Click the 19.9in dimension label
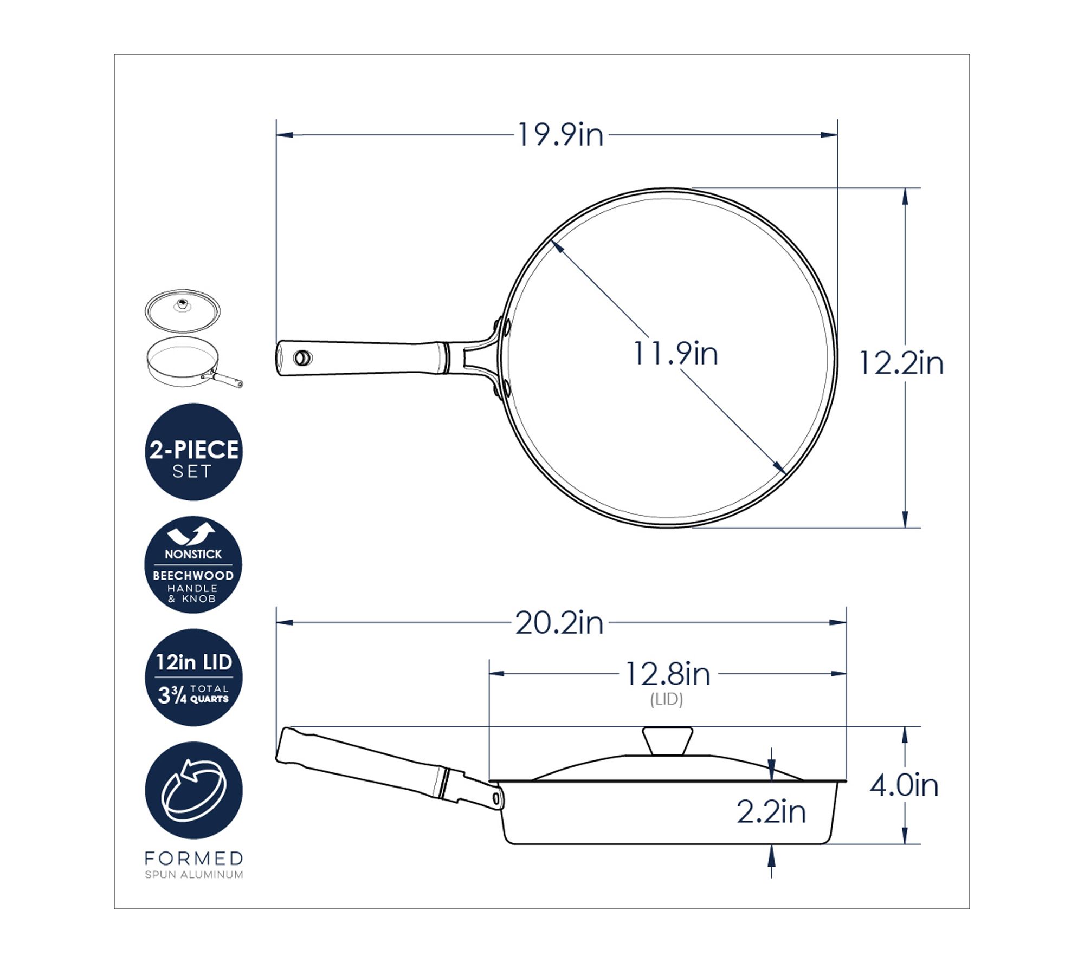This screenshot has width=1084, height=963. [560, 135]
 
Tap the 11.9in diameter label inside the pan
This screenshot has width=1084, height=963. [675, 353]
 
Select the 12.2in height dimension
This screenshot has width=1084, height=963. [901, 363]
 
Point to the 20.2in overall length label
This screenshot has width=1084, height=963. [559, 623]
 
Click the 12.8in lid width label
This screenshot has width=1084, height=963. [667, 674]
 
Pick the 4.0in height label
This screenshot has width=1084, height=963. [905, 785]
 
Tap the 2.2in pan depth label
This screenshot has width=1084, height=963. [771, 812]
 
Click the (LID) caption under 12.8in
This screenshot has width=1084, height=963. [667, 699]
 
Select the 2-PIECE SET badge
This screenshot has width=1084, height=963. [193, 452]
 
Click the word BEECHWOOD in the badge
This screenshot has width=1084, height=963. [193, 576]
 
